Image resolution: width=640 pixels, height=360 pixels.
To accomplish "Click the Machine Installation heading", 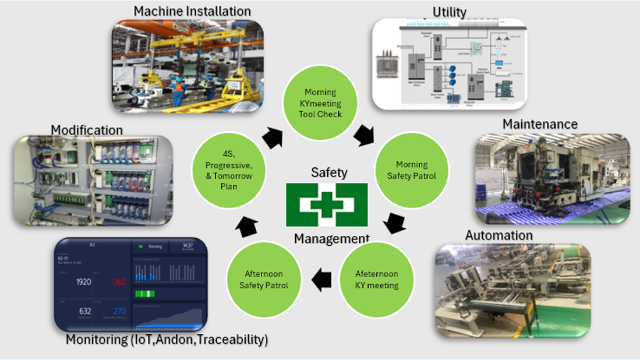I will click(192, 11).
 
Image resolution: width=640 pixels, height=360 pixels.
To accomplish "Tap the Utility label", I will click(449, 11).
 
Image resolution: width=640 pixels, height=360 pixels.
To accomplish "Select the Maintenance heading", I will click(540, 124).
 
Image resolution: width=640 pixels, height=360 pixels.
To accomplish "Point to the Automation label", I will click(498, 235).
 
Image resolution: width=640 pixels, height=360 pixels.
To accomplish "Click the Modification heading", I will click(87, 129).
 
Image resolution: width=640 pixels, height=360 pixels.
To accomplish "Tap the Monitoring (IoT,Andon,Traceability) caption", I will click(167, 339).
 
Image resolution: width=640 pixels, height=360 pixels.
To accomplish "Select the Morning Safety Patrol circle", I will click(411, 170).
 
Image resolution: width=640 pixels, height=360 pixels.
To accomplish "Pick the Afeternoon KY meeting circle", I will click(377, 279).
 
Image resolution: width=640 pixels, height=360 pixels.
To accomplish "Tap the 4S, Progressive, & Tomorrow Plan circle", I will click(228, 170).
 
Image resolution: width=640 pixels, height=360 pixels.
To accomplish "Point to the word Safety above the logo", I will click(329, 172).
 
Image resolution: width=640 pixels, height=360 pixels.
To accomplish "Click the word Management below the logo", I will click(331, 238).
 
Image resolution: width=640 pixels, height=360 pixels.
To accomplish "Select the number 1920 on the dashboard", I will click(83, 282).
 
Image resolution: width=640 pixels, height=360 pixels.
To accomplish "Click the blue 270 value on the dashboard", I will click(119, 311).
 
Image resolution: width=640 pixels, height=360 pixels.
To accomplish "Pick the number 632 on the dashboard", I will click(85, 311).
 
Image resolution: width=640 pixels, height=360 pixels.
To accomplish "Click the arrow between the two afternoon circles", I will click(321, 280).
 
